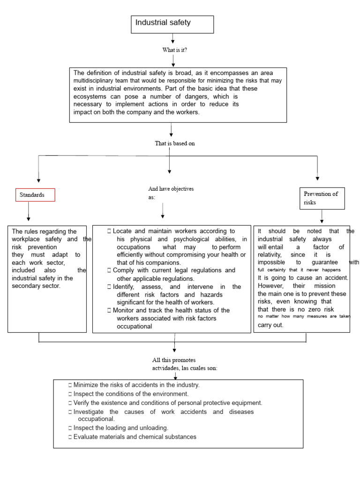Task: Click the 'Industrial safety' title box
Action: click(x=172, y=24)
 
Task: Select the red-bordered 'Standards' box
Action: click(x=36, y=195)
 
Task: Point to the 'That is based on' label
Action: click(x=175, y=143)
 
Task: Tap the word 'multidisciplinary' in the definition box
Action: click(x=97, y=81)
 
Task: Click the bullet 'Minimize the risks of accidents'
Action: click(x=136, y=385)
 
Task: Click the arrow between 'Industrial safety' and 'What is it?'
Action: click(x=173, y=38)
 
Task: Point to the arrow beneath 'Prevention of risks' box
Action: click(x=322, y=216)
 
